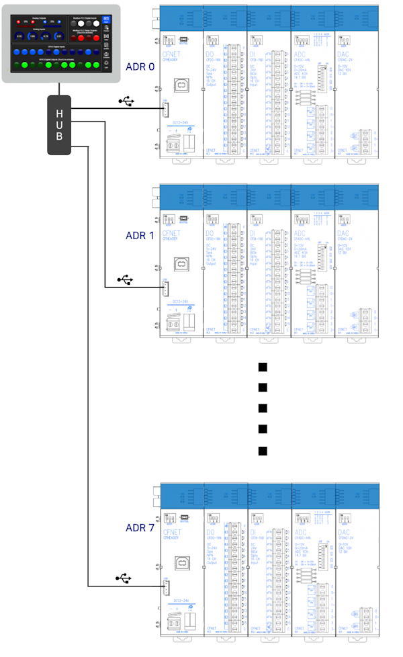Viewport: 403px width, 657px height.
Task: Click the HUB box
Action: (59, 124)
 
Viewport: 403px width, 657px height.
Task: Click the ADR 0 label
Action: (140, 67)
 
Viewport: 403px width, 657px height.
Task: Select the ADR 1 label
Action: (140, 236)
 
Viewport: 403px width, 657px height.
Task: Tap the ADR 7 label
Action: (140, 527)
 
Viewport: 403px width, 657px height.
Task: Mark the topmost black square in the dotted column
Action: (263, 367)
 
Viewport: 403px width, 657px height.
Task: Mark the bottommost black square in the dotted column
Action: (263, 451)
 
